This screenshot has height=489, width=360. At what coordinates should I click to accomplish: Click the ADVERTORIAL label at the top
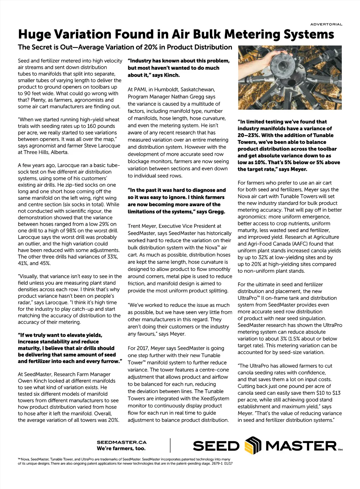(x=326, y=24)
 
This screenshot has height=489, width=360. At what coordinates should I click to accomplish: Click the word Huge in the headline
(x=32, y=34)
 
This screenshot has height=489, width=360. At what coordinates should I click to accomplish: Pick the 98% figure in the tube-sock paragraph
(x=78, y=231)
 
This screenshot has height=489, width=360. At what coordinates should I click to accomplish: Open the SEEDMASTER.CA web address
(x=122, y=442)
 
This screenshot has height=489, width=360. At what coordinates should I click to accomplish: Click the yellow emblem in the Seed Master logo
(x=253, y=445)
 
